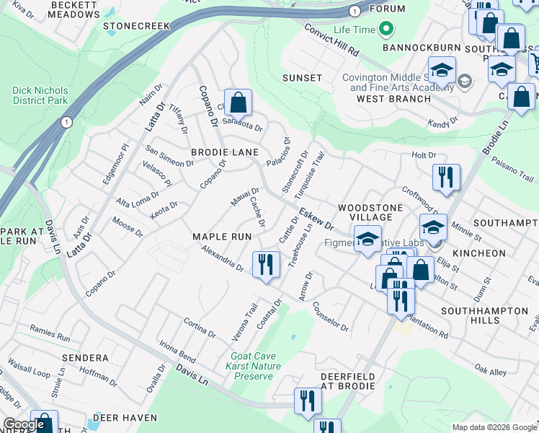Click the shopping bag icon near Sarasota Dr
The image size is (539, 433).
(238, 103)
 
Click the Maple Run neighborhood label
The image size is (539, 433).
(221, 237)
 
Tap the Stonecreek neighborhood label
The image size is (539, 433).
(136, 26)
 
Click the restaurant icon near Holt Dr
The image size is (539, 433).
(446, 178)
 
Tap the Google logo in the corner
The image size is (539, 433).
(24, 424)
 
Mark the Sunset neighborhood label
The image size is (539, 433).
(302, 78)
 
